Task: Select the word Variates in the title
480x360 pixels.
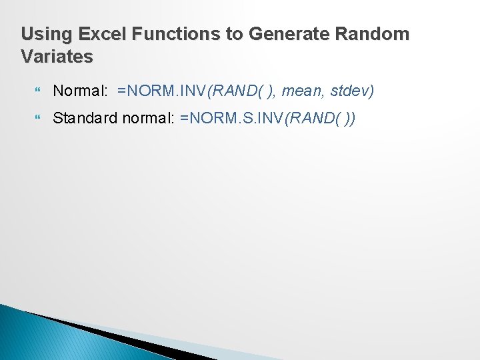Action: click(57, 57)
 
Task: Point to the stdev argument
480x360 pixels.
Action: click(351, 90)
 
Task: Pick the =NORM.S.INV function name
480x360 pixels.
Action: click(231, 119)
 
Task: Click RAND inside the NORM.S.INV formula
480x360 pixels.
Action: click(310, 119)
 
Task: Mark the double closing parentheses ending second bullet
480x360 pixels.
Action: click(350, 119)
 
